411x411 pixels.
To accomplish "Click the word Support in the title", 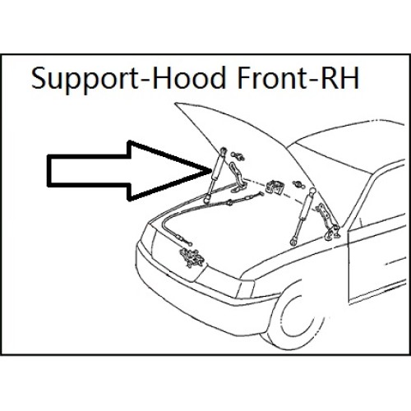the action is pos(85,78).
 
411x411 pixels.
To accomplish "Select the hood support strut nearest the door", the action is pos(303,216).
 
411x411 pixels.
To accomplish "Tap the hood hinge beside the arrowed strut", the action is pos(237,178).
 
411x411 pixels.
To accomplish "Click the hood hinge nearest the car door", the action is pos(329,221).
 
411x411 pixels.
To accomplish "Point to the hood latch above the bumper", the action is pos(192,257).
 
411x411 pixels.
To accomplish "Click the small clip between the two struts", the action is pos(275,187).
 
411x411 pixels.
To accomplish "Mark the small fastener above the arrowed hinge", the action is pos(238,156).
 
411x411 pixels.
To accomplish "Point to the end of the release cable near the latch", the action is pos(190,243).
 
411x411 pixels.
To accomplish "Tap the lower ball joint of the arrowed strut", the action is pos(206,199).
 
